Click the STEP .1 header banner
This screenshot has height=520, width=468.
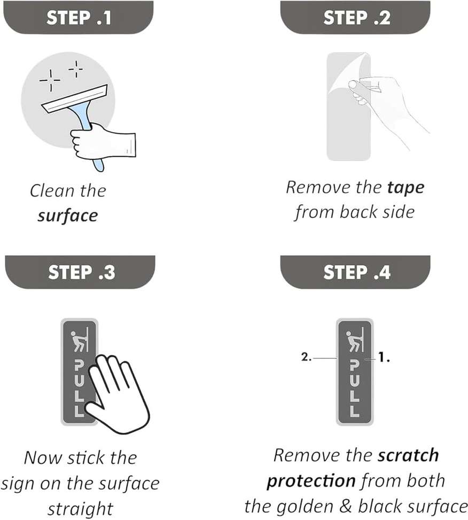click(78, 17)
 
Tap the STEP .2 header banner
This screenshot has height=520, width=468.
click(355, 17)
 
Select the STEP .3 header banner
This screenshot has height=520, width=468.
click(80, 272)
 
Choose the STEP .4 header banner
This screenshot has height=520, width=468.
click(355, 272)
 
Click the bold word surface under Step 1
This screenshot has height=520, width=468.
click(68, 216)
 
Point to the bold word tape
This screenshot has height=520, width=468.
click(405, 188)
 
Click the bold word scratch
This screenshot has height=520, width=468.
click(408, 455)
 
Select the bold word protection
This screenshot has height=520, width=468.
click(311, 481)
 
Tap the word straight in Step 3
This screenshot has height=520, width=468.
click(81, 509)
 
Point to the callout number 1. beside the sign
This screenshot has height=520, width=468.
click(384, 357)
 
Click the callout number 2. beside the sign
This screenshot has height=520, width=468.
click(306, 357)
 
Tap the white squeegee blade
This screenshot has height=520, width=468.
click(74, 99)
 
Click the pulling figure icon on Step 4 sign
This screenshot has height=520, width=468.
click(354, 340)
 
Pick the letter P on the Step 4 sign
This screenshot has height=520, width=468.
click(354, 366)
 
